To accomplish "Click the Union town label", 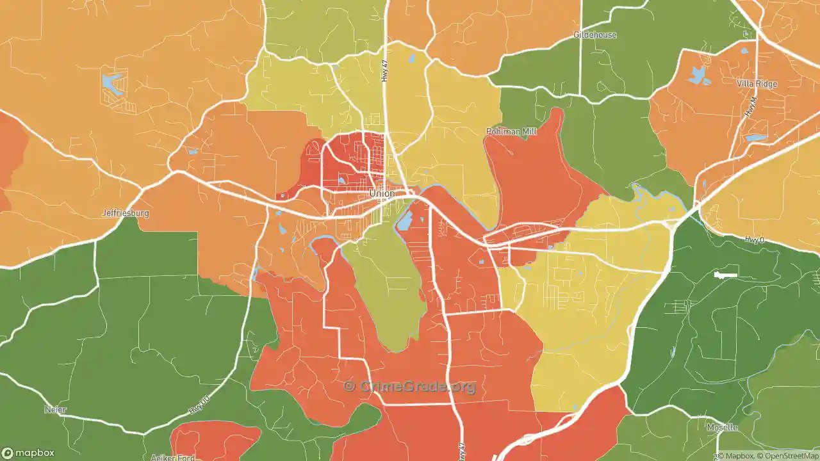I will point(382,193).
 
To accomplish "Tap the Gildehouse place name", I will point(595,35).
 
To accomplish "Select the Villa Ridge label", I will point(757,84).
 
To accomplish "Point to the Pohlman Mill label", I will point(511,132).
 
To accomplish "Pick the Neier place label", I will point(55,409).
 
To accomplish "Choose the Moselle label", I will point(722,427).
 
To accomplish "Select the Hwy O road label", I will point(755,240).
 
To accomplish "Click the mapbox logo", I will point(29,453).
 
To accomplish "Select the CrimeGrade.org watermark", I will point(410,386).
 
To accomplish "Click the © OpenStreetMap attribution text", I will point(787,456).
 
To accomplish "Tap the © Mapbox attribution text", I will point(736,456).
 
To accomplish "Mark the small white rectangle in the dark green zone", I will point(726,275).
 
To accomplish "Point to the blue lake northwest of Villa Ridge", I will point(698,76).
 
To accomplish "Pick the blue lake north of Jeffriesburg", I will point(111,83).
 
